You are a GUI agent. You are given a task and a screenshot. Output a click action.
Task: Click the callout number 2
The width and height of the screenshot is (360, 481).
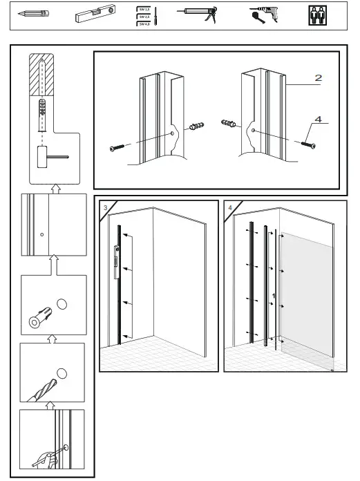(x=318, y=78)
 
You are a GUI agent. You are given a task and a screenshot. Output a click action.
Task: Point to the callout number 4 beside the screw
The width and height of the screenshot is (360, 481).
(x=318, y=119)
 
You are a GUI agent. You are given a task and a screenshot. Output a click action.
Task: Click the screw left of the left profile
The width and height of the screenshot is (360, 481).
(x=116, y=147)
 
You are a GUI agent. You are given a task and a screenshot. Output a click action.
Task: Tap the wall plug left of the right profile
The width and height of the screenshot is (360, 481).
(x=229, y=124)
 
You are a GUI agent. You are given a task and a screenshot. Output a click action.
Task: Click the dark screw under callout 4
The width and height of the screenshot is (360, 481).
(x=307, y=144)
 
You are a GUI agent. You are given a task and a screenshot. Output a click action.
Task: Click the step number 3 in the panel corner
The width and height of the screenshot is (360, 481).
(x=104, y=207)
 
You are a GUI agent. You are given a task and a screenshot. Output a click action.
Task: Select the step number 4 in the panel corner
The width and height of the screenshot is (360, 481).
(x=229, y=207)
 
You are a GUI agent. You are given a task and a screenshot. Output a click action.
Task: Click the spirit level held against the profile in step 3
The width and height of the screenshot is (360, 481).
(x=116, y=261)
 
